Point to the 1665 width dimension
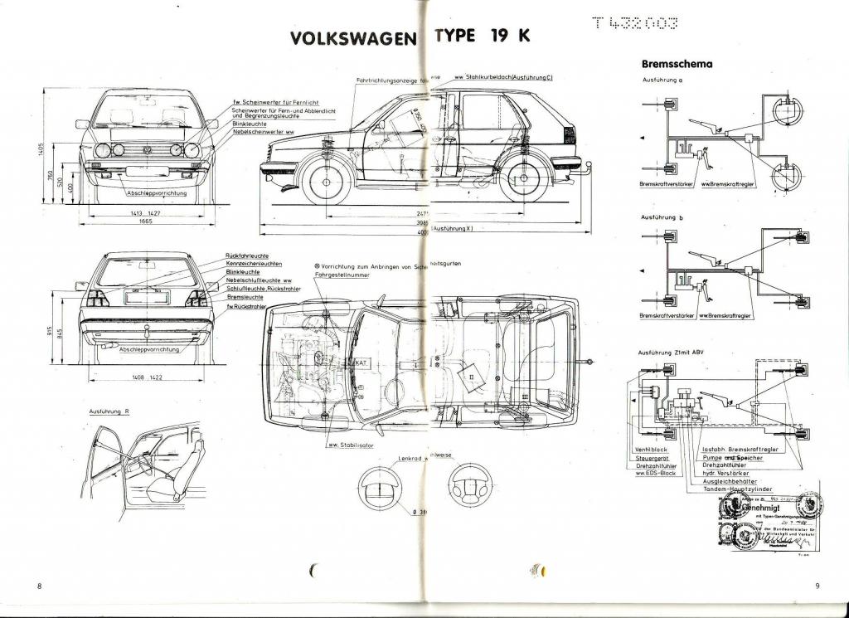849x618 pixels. click(149, 222)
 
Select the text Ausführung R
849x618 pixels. click(109, 411)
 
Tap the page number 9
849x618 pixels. click(817, 586)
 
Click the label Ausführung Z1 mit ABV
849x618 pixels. click(672, 353)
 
